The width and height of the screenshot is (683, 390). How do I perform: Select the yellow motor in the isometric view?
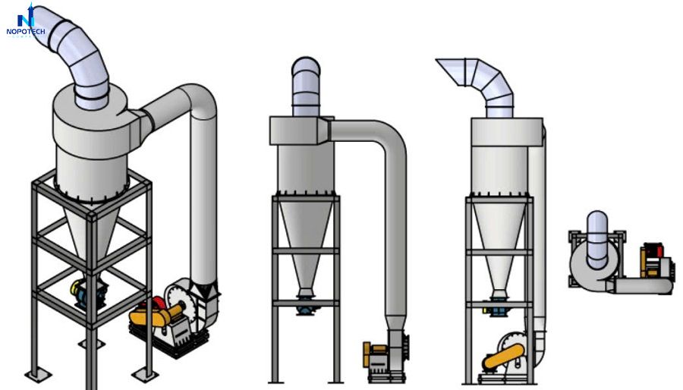147,313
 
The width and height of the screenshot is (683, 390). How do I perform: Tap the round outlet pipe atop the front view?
306,87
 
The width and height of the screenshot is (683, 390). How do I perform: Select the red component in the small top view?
651,253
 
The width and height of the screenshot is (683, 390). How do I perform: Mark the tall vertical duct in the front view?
395,228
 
